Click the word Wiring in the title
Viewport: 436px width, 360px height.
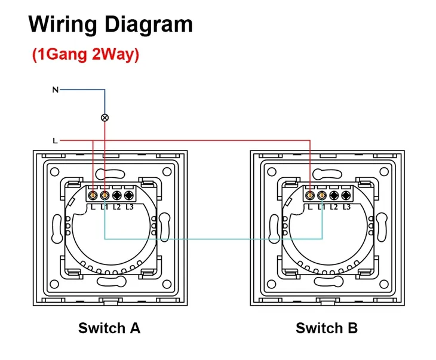[63, 24]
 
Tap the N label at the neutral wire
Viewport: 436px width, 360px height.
[55, 90]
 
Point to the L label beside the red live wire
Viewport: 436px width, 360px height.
[55, 141]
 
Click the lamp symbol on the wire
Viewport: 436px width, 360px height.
[105, 118]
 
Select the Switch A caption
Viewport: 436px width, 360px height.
[109, 328]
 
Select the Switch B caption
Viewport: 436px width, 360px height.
[327, 328]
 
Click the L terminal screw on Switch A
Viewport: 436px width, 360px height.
[93, 195]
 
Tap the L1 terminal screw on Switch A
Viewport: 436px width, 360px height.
[105, 195]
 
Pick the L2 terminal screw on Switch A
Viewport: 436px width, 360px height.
[116, 195]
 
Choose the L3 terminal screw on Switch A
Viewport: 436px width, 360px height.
[128, 195]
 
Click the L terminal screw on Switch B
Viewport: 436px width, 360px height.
[311, 195]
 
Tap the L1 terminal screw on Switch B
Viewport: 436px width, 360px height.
[322, 195]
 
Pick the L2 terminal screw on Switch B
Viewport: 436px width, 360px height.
[334, 195]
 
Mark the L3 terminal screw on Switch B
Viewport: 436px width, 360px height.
[345, 195]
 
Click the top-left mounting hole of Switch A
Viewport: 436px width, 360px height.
[54, 173]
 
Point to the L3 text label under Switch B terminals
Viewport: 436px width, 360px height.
[346, 207]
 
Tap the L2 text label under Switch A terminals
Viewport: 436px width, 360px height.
[117, 207]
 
